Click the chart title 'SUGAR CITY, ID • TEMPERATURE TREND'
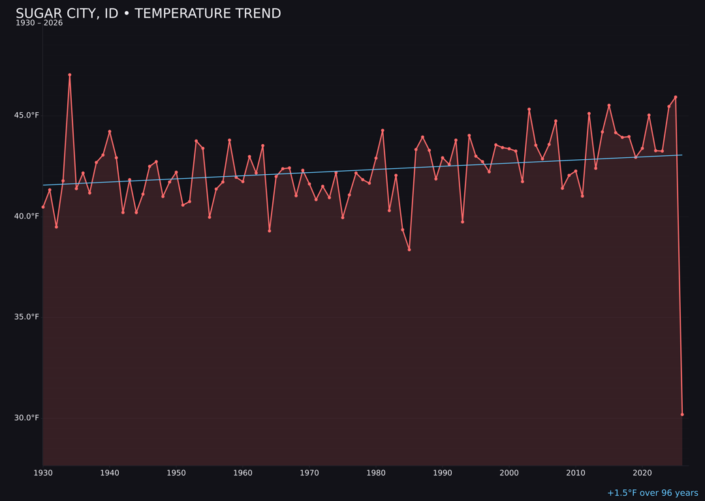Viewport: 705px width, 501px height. pyautogui.click(x=148, y=14)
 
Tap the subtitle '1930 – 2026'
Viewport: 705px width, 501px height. pyautogui.click(x=39, y=23)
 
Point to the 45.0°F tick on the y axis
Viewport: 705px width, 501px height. pyautogui.click(x=27, y=115)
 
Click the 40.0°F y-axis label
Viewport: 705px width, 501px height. pyautogui.click(x=27, y=216)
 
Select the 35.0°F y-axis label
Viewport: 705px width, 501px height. pyautogui.click(x=27, y=317)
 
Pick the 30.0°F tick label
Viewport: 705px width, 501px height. pyautogui.click(x=27, y=417)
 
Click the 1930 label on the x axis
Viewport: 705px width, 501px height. pyautogui.click(x=43, y=473)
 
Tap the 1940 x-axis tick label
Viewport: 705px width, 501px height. pyautogui.click(x=110, y=473)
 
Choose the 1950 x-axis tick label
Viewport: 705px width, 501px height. pyautogui.click(x=176, y=473)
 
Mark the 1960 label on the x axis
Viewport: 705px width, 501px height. pyautogui.click(x=243, y=473)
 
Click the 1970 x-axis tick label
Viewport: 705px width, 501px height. pyautogui.click(x=309, y=473)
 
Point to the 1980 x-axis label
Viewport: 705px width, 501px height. pyautogui.click(x=376, y=473)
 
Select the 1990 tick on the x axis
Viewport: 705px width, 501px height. pyautogui.click(x=443, y=473)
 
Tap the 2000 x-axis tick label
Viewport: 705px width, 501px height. pyautogui.click(x=509, y=473)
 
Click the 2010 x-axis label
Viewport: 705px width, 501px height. pyautogui.click(x=576, y=473)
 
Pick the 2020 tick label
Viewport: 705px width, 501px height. pyautogui.click(x=642, y=473)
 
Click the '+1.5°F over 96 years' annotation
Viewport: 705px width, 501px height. pyautogui.click(x=652, y=493)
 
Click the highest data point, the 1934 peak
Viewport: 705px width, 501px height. pyautogui.click(x=70, y=75)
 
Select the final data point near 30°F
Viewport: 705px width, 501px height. pyautogui.click(x=682, y=414)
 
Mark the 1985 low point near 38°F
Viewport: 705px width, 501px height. pyautogui.click(x=409, y=249)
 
